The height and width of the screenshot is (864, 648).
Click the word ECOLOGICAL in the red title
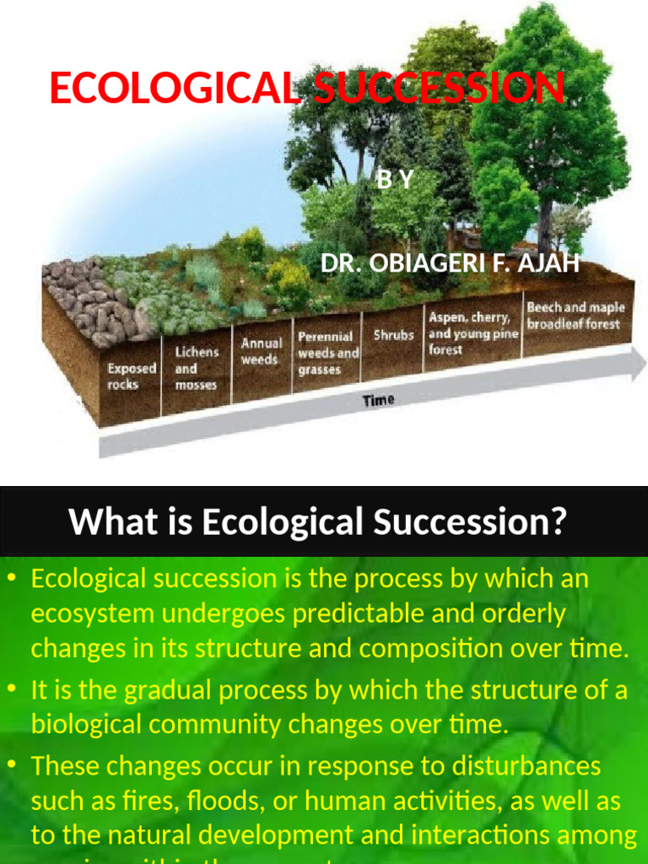[174, 89]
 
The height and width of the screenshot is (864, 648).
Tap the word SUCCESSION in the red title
[438, 89]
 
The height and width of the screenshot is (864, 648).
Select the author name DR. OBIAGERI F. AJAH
[450, 264]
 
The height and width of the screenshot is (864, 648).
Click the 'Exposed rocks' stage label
[132, 376]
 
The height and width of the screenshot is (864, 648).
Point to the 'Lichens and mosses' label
[196, 368]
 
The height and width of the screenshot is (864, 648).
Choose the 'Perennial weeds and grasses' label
[328, 353]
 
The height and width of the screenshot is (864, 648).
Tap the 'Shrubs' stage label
[393, 335]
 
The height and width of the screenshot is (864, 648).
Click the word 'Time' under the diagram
[379, 400]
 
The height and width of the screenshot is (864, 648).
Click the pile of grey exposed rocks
[84, 295]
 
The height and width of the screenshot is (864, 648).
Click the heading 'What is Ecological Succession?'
[316, 521]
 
